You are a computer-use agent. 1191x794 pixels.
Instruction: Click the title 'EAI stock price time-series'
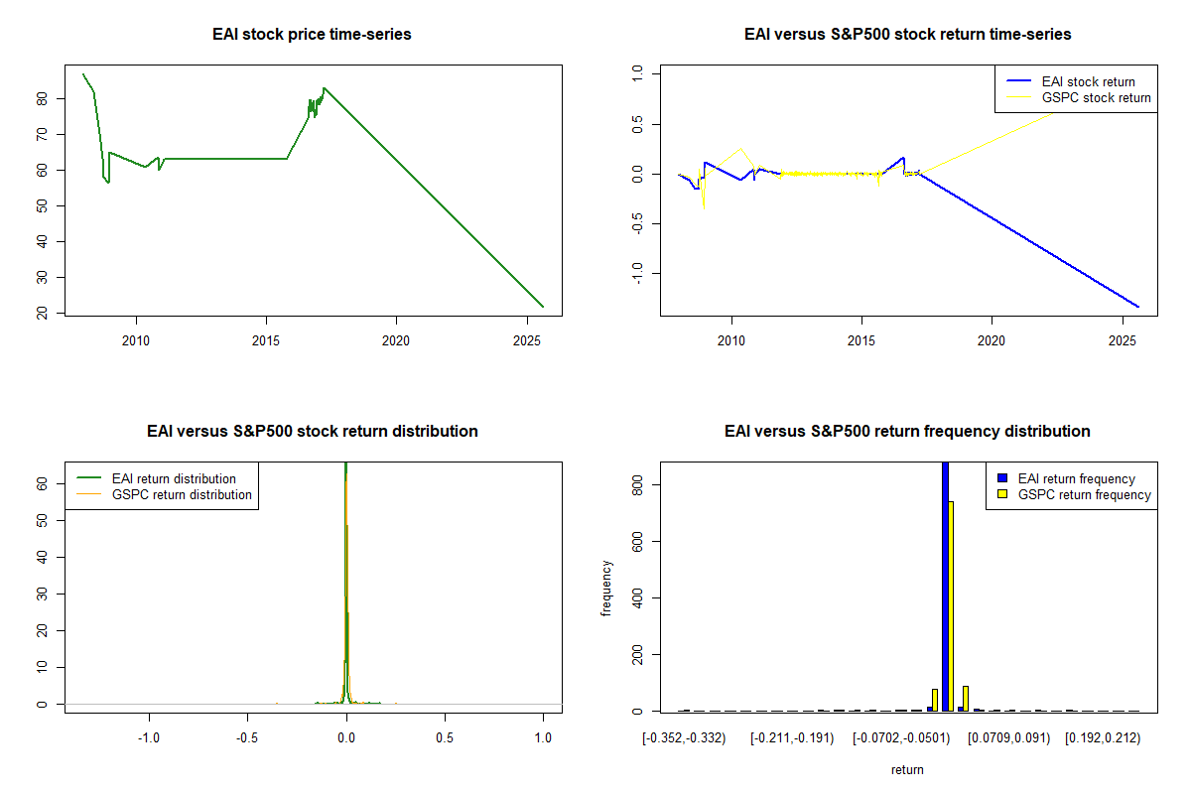(x=312, y=34)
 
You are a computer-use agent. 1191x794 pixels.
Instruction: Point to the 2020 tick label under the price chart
(x=396, y=340)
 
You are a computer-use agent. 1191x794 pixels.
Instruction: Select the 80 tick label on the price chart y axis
(x=42, y=99)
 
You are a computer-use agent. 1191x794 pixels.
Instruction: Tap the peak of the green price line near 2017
(x=324, y=88)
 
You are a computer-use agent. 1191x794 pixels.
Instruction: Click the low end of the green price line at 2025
(x=543, y=307)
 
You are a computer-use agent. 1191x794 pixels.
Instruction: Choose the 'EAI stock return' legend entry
(x=1071, y=81)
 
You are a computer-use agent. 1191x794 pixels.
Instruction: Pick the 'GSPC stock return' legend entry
(x=1078, y=98)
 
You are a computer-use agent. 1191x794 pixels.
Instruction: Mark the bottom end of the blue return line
(x=1138, y=307)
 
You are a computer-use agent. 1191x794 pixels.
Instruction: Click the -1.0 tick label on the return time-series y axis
(x=637, y=273)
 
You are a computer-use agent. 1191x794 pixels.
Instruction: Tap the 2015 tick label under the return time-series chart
(x=861, y=340)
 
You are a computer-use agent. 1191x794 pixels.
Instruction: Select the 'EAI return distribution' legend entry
(x=157, y=478)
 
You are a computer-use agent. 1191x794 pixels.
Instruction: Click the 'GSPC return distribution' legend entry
(x=165, y=494)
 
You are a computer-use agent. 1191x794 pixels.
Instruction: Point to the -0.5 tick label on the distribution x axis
(x=247, y=737)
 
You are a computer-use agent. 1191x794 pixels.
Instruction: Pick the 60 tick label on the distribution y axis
(x=42, y=483)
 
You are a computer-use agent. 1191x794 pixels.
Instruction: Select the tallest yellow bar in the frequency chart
(x=951, y=606)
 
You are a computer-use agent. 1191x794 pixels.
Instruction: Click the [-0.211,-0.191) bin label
(x=792, y=738)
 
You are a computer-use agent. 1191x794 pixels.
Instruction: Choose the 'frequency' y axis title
(x=606, y=589)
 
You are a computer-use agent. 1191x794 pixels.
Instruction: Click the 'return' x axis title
(x=907, y=769)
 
